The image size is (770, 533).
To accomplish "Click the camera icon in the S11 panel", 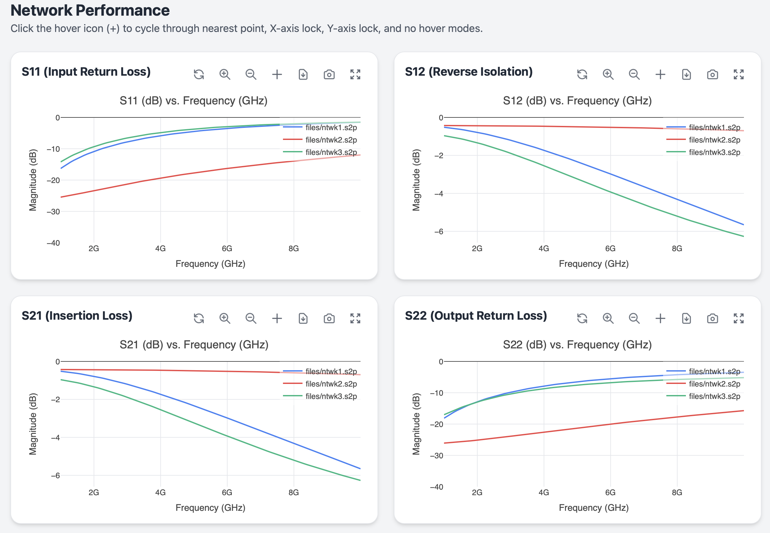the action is coord(329,74).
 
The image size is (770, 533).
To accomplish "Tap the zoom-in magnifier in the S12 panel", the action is coord(608,74).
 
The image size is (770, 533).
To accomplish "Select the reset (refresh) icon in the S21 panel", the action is coord(199,318).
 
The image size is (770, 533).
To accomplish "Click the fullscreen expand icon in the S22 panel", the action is coord(739,318).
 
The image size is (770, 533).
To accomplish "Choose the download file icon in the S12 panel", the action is coord(687,74).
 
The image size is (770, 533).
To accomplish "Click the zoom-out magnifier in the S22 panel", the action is coord(634,318).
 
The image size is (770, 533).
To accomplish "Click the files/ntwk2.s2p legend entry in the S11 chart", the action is coord(320,140).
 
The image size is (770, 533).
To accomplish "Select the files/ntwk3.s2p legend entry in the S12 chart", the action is coord(703,152).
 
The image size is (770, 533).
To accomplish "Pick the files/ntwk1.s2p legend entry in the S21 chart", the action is coord(320,371).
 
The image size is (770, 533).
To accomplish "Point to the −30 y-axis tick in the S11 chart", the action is coord(53,212).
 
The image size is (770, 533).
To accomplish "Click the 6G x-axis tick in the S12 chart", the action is coord(611,249).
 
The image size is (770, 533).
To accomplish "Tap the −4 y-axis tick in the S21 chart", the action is coord(55,437).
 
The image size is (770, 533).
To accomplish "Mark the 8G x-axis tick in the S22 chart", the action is coord(677,492).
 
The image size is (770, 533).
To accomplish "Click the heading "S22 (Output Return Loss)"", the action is coord(476,316).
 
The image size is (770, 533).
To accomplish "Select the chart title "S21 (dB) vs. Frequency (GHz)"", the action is coord(194,344).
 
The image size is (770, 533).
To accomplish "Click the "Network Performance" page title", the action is coord(90,10).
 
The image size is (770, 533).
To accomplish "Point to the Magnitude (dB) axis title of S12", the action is coord(416,180).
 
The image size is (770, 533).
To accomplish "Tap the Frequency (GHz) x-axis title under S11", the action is coord(211,264).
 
